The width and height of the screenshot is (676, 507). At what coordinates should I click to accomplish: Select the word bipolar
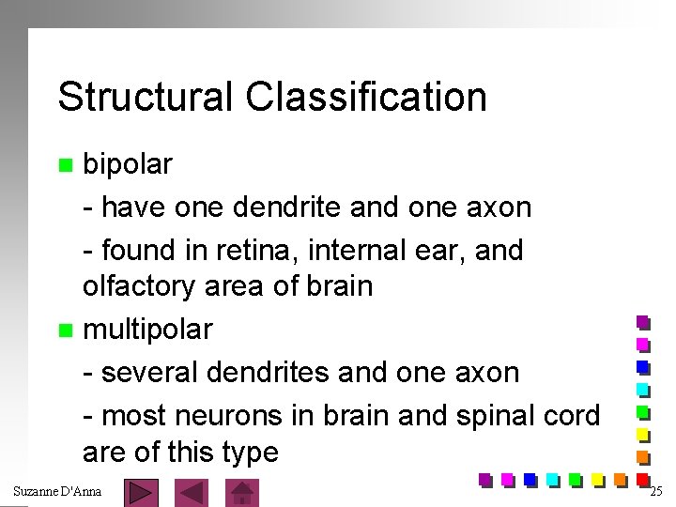[x=128, y=164]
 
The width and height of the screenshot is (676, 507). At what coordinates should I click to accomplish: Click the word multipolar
[x=147, y=330]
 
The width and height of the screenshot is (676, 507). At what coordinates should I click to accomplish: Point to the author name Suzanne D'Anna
[x=57, y=491]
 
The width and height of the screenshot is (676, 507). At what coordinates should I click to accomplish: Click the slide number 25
[x=655, y=491]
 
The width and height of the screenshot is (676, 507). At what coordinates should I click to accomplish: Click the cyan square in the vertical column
[x=643, y=389]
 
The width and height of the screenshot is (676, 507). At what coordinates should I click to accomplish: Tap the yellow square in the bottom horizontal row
[x=597, y=480]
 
